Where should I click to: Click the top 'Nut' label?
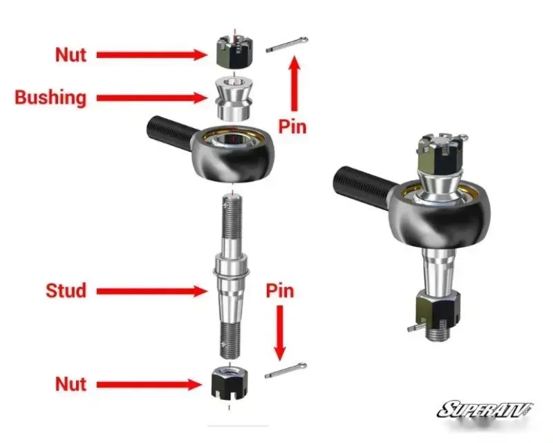(x=71, y=55)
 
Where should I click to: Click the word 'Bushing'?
(x=50, y=98)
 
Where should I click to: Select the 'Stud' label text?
(x=66, y=291)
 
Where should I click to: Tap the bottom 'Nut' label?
(x=71, y=384)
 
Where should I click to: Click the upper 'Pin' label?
(x=292, y=127)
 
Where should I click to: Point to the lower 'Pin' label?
(x=280, y=291)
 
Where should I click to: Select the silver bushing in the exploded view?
(x=233, y=99)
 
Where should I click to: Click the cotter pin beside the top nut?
(x=287, y=44)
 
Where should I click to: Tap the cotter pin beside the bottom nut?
(x=285, y=370)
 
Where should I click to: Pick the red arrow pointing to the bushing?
(x=152, y=98)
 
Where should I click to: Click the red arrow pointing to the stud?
(x=152, y=291)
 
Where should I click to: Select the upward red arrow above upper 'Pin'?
(x=294, y=83)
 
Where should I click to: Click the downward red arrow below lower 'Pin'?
(x=280, y=333)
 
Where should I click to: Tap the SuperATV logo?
(x=486, y=410)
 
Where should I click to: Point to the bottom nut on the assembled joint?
(x=438, y=310)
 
